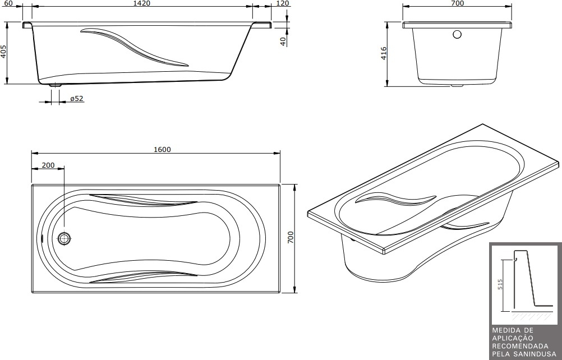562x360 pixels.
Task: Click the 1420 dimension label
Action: pyautogui.click(x=142, y=3)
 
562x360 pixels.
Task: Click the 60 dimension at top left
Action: pyautogui.click(x=8, y=3)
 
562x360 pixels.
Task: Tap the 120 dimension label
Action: pyautogui.click(x=283, y=3)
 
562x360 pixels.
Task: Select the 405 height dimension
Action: pyautogui.click(x=3, y=52)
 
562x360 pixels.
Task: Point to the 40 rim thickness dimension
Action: pyautogui.click(x=283, y=41)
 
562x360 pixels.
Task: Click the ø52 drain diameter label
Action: pyautogui.click(x=77, y=99)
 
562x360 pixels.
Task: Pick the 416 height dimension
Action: pyautogui.click(x=384, y=53)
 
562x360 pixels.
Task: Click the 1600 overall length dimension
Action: pyautogui.click(x=162, y=149)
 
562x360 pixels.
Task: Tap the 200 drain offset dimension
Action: pyautogui.click(x=48, y=165)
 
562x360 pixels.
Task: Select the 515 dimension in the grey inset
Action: pyautogui.click(x=500, y=284)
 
